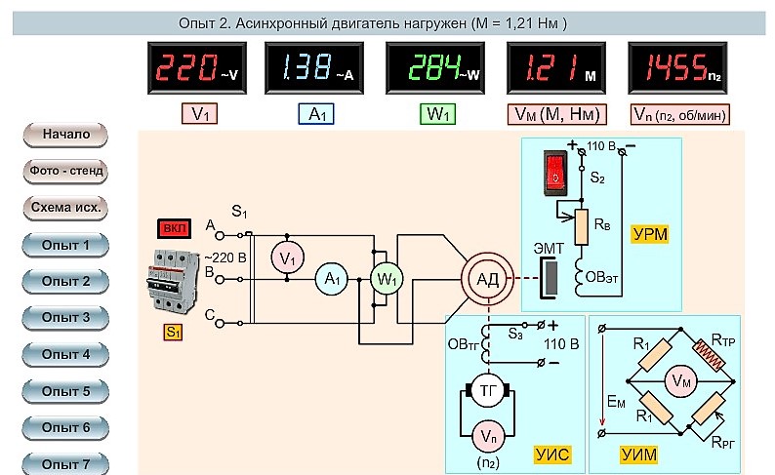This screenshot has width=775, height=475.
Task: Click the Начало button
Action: [65, 135]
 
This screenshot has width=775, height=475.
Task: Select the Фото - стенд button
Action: [65, 171]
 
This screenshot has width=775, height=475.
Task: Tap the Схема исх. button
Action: [65, 208]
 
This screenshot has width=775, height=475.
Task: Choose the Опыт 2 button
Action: [65, 281]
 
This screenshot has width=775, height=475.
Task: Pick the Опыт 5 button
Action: [65, 391]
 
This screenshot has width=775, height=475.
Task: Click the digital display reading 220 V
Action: [197, 67]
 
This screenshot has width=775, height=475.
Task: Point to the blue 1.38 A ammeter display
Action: [314, 67]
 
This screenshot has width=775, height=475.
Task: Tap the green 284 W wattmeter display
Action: [435, 67]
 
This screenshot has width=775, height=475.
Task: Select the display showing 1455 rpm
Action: [677, 67]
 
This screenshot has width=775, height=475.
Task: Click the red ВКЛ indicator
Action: [175, 228]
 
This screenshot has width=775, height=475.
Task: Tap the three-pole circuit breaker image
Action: [173, 282]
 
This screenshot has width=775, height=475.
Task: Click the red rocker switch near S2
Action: [555, 173]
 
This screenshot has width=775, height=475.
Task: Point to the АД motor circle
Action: [487, 279]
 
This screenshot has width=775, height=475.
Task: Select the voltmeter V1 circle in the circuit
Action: [287, 257]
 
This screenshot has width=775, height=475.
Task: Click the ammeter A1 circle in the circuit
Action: [332, 279]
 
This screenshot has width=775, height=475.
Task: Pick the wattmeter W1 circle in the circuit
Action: [387, 279]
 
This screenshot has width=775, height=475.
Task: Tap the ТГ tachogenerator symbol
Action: [488, 391]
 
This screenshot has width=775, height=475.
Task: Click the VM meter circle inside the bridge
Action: [681, 380]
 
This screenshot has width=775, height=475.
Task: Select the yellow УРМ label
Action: [649, 234]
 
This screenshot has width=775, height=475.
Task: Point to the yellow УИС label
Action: [552, 455]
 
